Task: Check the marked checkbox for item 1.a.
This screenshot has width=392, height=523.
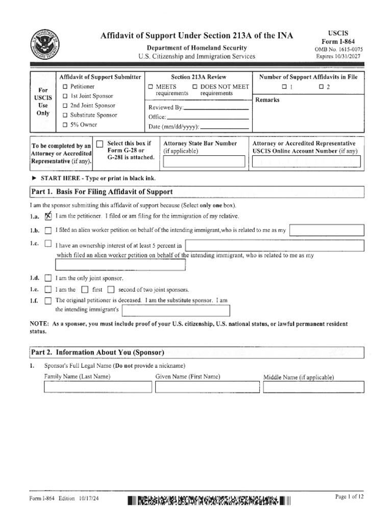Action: click(x=48, y=216)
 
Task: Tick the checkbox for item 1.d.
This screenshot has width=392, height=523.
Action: click(x=48, y=278)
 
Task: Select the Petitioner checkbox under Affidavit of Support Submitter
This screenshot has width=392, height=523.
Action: click(x=65, y=87)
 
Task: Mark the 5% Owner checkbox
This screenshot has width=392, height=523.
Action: click(x=65, y=125)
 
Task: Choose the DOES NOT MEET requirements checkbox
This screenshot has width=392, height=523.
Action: click(x=195, y=87)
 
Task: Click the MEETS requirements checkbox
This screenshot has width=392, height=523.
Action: click(x=151, y=87)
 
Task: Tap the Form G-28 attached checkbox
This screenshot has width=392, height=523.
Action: click(x=100, y=144)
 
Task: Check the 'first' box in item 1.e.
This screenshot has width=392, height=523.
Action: click(x=85, y=290)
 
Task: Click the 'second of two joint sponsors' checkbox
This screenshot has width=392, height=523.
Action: click(x=111, y=290)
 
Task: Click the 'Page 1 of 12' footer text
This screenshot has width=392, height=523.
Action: click(x=349, y=497)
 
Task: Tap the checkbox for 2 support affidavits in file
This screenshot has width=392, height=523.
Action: click(x=321, y=87)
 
